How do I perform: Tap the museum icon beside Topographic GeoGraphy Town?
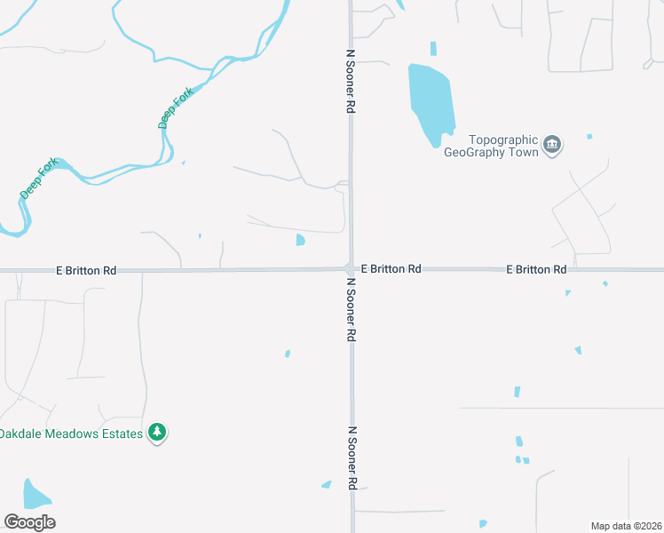tap(552, 145)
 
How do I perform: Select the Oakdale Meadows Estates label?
tap(71, 434)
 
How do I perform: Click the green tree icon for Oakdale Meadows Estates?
tap(157, 433)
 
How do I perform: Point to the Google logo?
tap(29, 522)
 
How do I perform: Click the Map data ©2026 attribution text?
tap(626, 526)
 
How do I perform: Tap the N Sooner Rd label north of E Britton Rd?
tap(351, 80)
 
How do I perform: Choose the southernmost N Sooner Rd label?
tap(352, 457)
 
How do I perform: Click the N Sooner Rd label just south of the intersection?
tap(351, 310)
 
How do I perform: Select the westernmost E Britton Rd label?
tap(86, 270)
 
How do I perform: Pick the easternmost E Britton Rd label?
tap(536, 269)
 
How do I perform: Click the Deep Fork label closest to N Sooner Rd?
tap(175, 109)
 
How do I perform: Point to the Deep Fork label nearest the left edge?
tap(39, 178)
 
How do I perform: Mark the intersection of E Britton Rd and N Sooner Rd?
tap(349, 268)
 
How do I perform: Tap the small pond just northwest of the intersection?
tap(300, 240)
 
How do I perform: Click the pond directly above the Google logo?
tap(35, 494)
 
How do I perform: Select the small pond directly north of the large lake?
tap(433, 48)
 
